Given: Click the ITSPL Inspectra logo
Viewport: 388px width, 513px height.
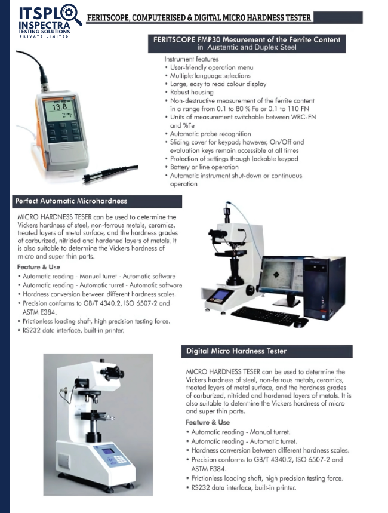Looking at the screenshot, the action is click(50, 21).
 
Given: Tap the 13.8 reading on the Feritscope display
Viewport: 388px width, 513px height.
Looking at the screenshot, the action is click(60, 107).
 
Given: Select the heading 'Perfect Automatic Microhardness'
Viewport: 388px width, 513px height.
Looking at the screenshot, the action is click(71, 201).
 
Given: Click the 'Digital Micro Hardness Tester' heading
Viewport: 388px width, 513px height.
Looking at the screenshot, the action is click(236, 351).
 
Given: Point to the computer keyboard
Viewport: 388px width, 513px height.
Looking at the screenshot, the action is click(265, 315).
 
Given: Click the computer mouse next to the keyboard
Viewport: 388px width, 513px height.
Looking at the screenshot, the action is click(301, 322).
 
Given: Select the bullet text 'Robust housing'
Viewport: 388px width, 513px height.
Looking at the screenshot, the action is click(192, 92).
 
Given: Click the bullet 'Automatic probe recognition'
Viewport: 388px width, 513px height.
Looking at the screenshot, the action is click(210, 134).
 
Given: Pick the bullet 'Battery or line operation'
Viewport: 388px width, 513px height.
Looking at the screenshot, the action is click(204, 167).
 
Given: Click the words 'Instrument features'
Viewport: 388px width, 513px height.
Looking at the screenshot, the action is click(192, 59).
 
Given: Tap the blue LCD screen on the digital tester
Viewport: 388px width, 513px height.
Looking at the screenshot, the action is click(107, 451).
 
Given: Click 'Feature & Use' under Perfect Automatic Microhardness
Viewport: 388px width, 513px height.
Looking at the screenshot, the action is click(39, 267).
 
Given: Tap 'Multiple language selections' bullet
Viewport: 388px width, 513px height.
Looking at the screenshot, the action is click(210, 76).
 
